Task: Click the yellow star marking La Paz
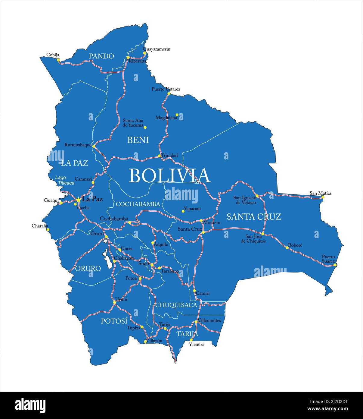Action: coord(78,200)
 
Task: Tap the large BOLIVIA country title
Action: coord(169,175)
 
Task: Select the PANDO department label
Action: coord(101,56)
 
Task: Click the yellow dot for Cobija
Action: coord(58,60)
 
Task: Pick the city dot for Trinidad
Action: coord(160,156)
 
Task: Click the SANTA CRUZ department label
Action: coord(254,216)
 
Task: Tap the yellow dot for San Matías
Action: coord(323,197)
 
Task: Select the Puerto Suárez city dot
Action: coord(335,265)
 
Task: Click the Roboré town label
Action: coord(295,245)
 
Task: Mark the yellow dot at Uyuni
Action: coord(114,302)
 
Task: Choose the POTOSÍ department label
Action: coord(114,321)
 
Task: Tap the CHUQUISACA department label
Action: coord(176,305)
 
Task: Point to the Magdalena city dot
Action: coord(177,115)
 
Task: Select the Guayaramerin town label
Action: coord(157,49)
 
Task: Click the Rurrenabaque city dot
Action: coord(94,146)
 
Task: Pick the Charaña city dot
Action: coord(48,229)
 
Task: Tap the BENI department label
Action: coord(138,140)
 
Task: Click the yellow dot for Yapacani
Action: coord(183,211)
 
